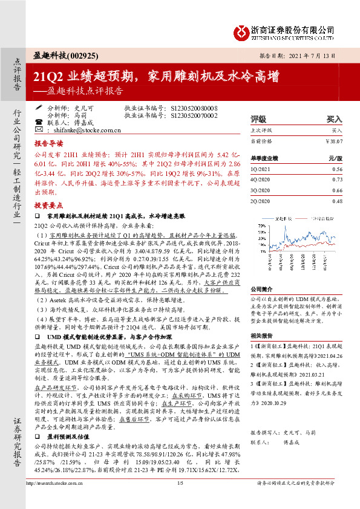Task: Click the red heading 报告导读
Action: click(48, 145)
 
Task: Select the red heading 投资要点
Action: click(48, 205)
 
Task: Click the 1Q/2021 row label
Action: click(260, 170)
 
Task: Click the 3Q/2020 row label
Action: click(260, 190)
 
